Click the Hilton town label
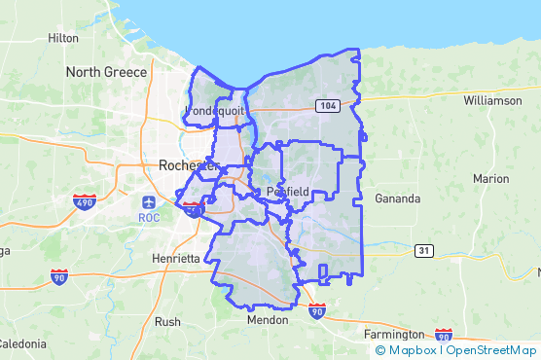coord(63,38)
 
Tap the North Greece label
coord(106,72)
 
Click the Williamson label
coord(492,100)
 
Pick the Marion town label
coord(490,179)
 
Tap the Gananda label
coord(397,198)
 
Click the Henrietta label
coord(175,259)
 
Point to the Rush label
coord(167,321)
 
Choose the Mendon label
coord(268,319)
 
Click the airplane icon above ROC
coord(148,202)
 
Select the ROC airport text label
coord(149,218)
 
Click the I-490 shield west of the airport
coord(84,201)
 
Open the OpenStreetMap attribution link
coord(491,350)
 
